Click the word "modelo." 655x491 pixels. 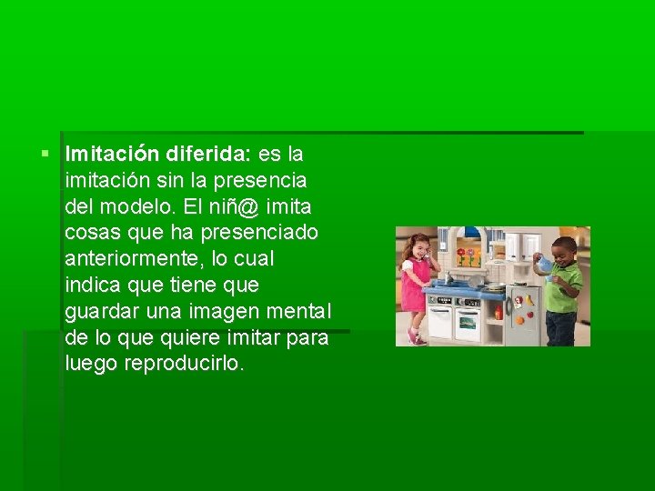140,206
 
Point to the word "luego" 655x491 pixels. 89,364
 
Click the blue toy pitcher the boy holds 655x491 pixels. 544,264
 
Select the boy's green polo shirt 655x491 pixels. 563,287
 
